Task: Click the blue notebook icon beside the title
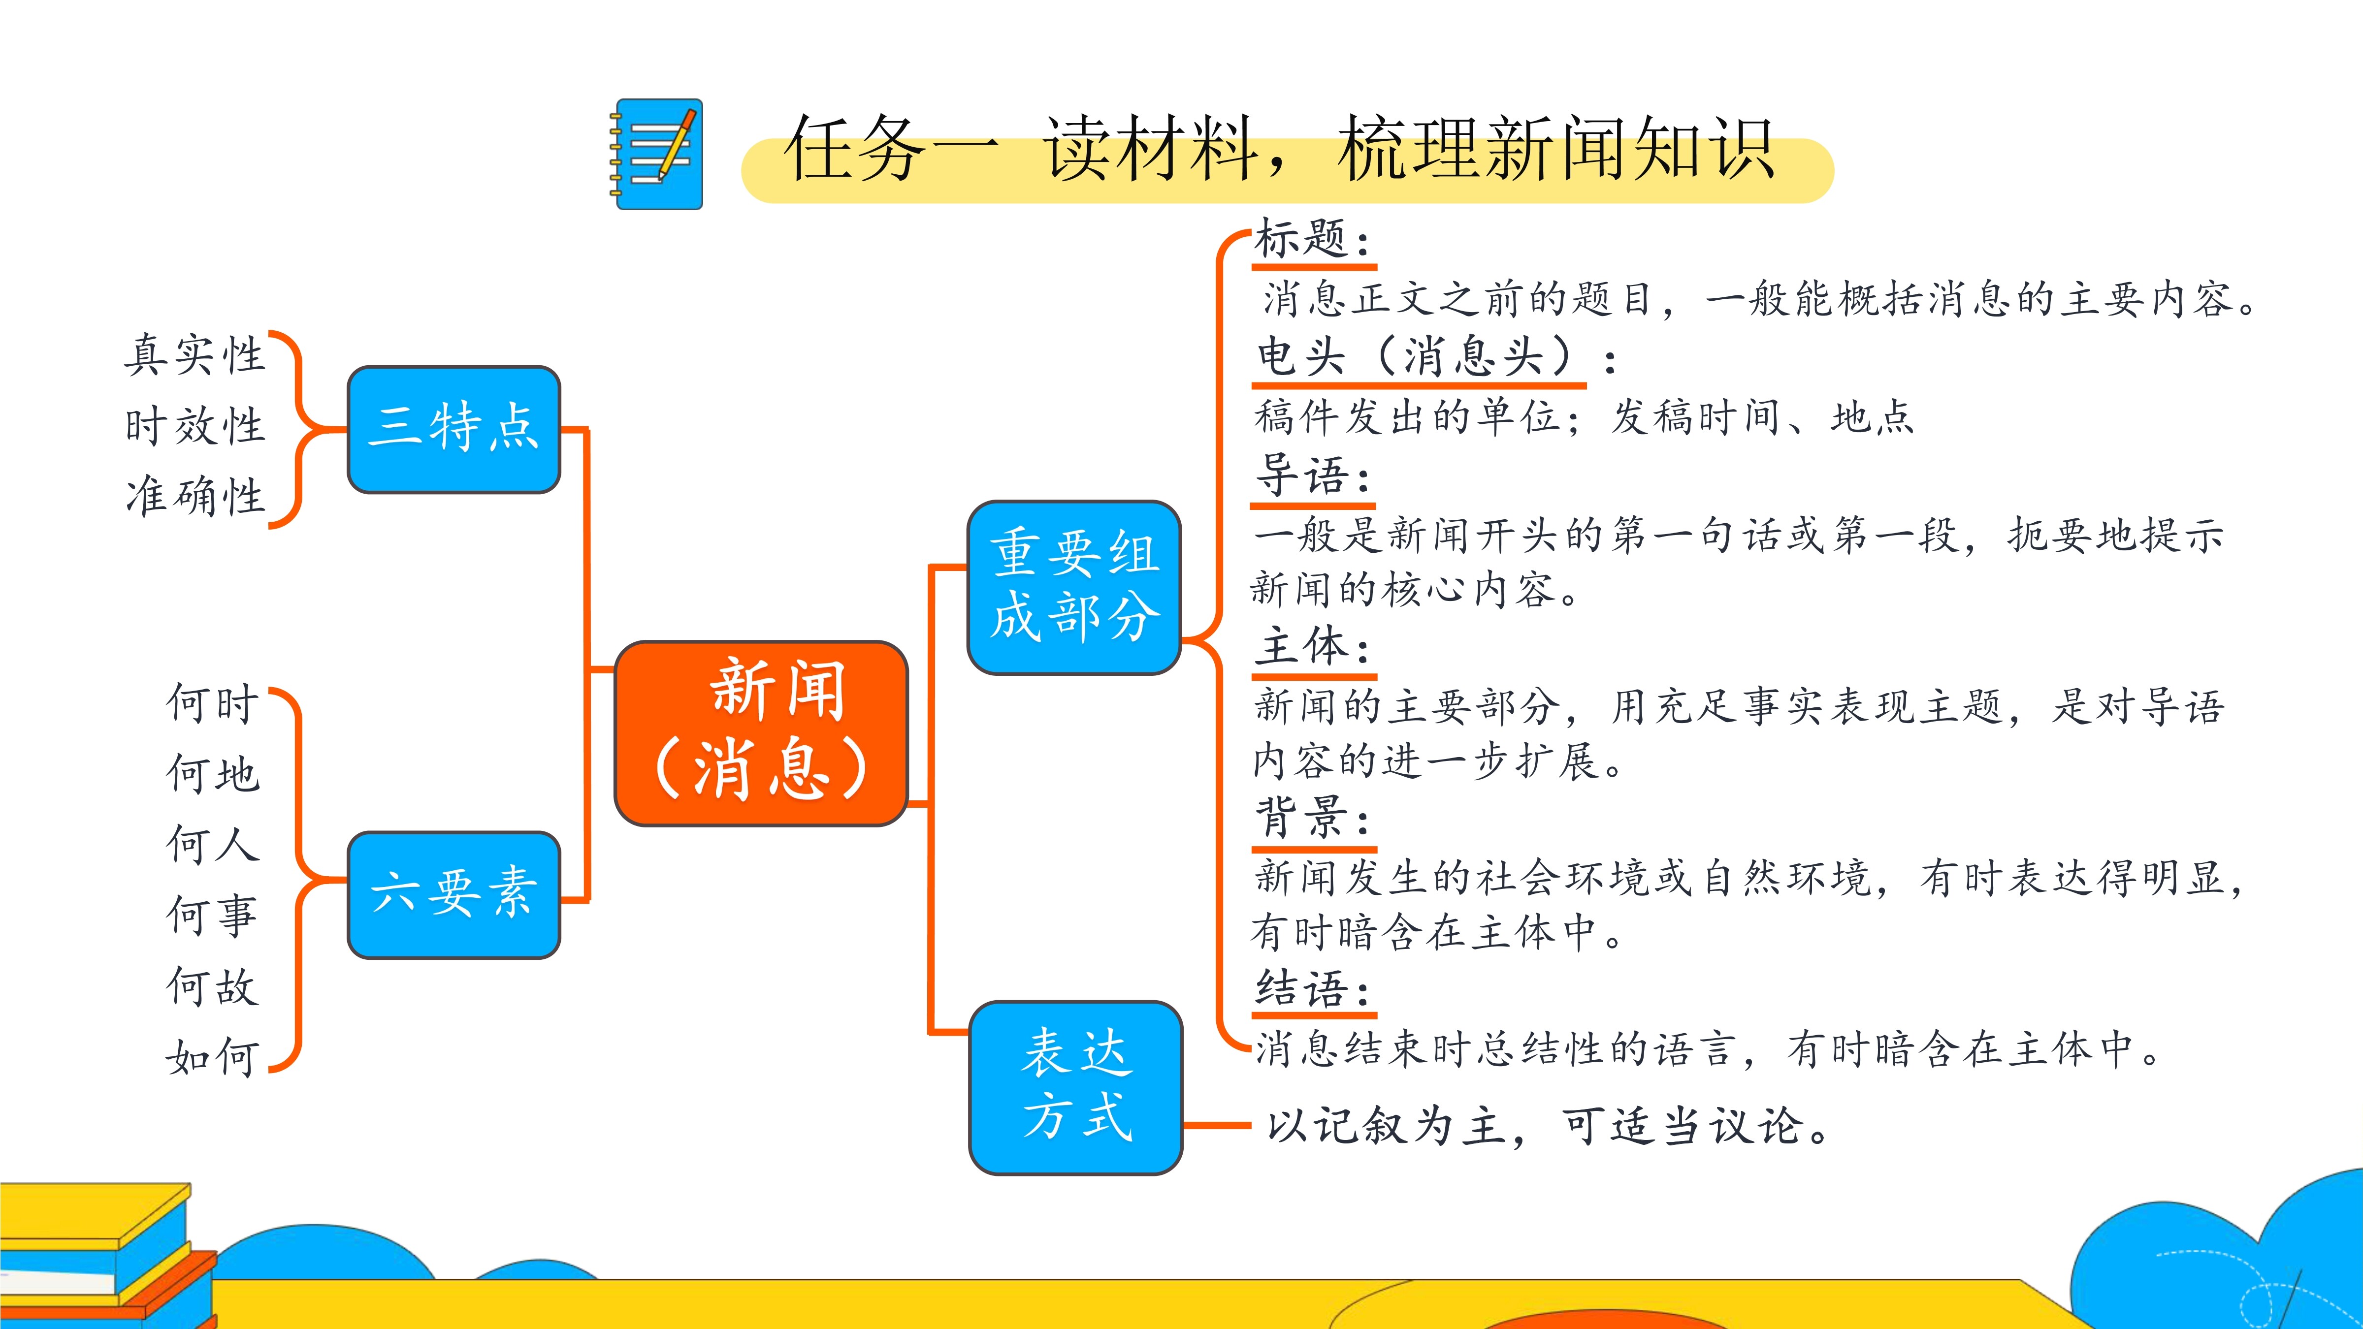tap(657, 154)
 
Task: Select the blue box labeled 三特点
tap(454, 429)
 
